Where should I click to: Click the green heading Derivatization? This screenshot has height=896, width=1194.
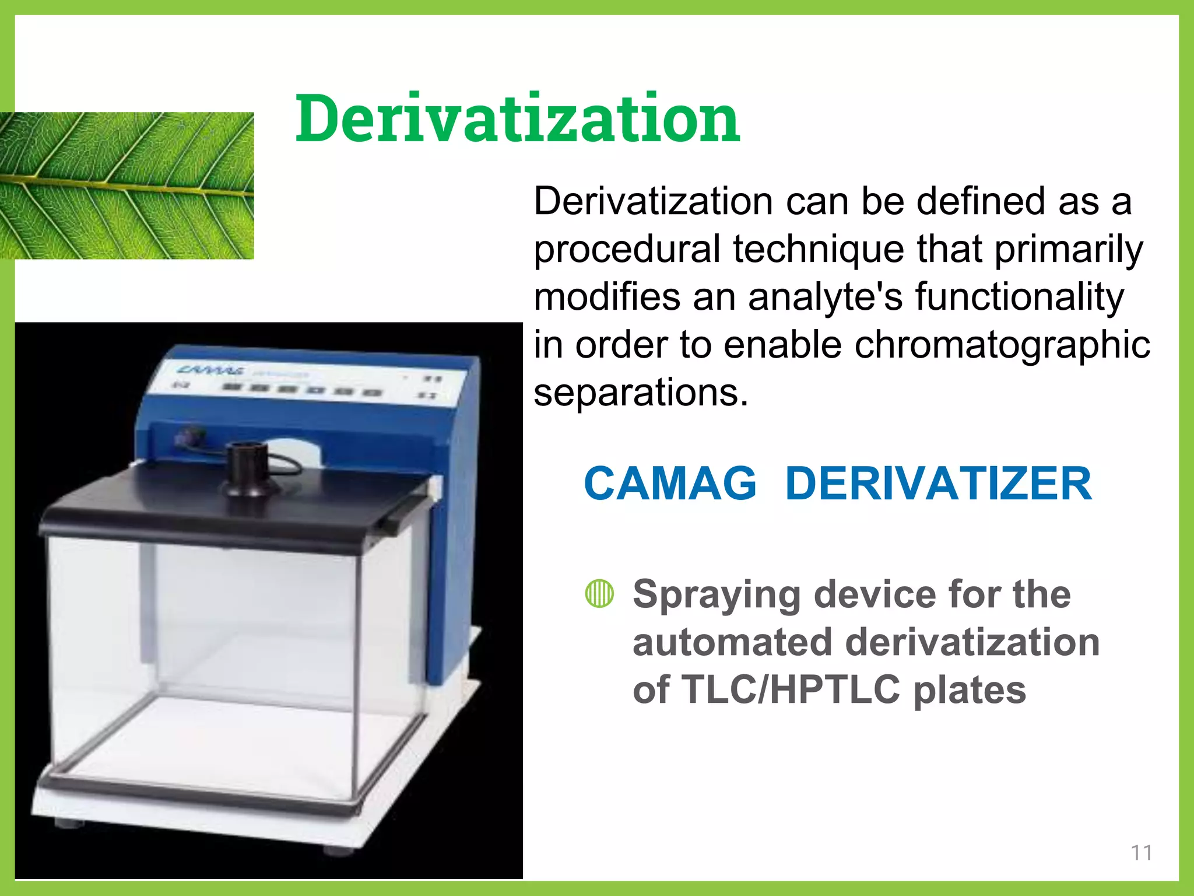[x=518, y=119]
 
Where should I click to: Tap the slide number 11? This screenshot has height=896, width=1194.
[x=1141, y=853]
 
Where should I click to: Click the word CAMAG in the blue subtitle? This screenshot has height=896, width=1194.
[x=670, y=484]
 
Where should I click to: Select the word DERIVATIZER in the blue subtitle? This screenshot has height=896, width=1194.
[x=938, y=484]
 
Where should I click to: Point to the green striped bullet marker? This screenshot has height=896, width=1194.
[x=599, y=594]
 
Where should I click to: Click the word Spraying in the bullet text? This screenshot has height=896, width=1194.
[x=717, y=595]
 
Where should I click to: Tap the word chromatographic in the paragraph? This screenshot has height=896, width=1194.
[x=1002, y=344]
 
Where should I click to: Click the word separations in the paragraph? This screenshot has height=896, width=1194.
[x=640, y=392]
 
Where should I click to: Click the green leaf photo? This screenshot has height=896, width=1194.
[x=127, y=185]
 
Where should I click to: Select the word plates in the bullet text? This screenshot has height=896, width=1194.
[x=969, y=689]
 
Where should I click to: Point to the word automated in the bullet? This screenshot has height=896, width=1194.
[x=732, y=642]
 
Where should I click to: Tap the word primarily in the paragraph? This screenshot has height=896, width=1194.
[x=1069, y=249]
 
